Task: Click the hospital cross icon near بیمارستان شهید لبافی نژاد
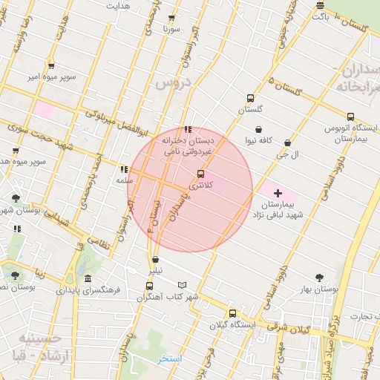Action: pos(278,193)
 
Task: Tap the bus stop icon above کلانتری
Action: pos(200,174)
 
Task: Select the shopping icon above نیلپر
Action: pos(155,261)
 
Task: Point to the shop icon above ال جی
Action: pos(287,143)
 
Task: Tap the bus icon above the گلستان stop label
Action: pos(250,98)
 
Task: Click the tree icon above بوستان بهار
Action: pos(319,277)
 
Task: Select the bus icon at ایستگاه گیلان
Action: pos(232,313)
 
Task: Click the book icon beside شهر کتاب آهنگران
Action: pos(182,285)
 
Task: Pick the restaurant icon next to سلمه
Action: pos(123,169)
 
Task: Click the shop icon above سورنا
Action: pos(172,18)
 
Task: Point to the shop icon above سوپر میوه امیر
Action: pos(50,65)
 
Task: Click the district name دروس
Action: pos(172,84)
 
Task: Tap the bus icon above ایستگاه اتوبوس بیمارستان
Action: pos(350,117)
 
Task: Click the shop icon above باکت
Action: pos(320,5)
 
